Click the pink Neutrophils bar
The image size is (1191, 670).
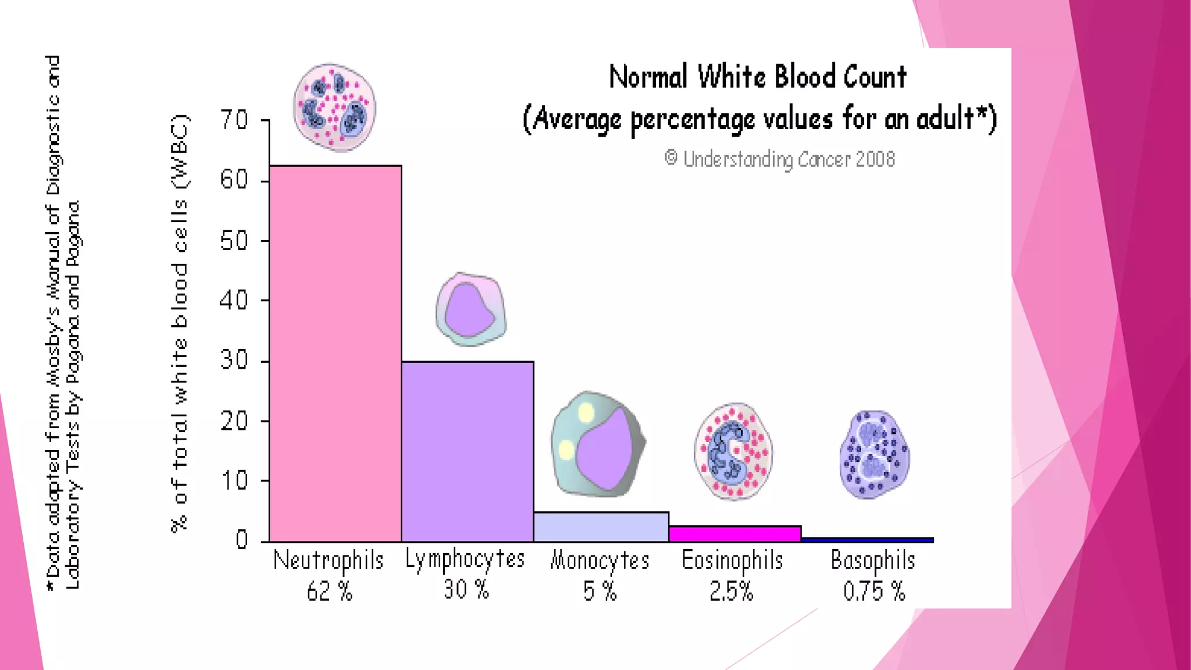[x=335, y=354]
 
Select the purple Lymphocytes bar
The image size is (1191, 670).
[x=467, y=451]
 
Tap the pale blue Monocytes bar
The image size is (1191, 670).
[x=601, y=527]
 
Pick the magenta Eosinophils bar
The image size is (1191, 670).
[x=735, y=533]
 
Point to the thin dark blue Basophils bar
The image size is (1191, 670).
[x=867, y=540]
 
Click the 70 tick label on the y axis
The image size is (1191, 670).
[x=234, y=120]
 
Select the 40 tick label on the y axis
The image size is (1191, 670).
[x=234, y=301]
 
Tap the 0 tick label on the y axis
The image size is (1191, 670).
[x=241, y=540]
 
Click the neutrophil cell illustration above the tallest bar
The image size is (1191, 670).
[x=334, y=108]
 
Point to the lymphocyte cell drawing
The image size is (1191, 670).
[x=470, y=310]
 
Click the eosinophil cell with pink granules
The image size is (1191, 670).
[x=733, y=451]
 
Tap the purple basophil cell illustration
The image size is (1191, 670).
[x=874, y=454]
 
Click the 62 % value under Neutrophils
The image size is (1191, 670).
[x=329, y=591]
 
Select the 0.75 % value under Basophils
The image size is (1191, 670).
[x=873, y=591]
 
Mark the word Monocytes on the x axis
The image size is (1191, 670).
[x=600, y=561]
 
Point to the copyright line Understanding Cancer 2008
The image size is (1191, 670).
[x=779, y=159]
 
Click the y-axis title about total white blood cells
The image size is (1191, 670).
[x=180, y=323]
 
